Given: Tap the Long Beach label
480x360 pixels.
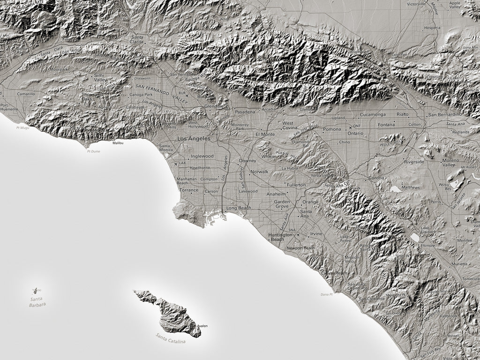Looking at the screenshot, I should click(x=239, y=208).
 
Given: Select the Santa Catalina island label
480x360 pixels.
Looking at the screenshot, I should click(x=171, y=338).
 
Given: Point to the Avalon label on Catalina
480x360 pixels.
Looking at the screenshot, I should click(x=202, y=326).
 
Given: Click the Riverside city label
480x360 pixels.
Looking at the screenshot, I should click(x=414, y=162).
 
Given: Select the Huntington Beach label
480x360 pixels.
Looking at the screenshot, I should click(x=277, y=237).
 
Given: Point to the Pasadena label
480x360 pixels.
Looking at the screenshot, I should click(x=245, y=112).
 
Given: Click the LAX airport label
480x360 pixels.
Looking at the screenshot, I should click(x=182, y=163).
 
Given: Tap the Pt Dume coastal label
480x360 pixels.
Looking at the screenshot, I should click(x=93, y=151).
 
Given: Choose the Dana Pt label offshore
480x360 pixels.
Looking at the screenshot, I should click(x=326, y=294).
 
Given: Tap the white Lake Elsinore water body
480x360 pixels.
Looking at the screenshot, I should click(x=415, y=238).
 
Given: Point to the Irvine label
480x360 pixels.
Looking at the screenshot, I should click(x=316, y=233).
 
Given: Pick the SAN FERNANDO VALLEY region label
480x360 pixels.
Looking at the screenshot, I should click(x=159, y=90).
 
